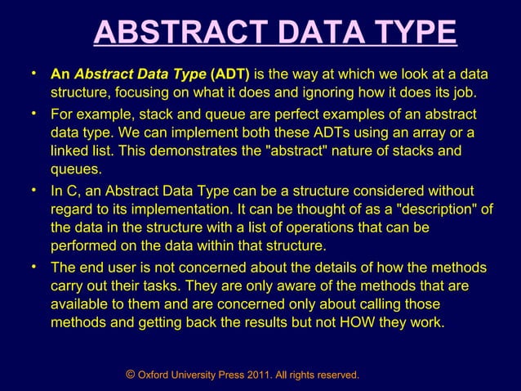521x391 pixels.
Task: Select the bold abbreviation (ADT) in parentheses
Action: point(230,74)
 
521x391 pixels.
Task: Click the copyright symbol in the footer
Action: point(131,374)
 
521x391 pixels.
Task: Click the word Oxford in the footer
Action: point(154,375)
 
